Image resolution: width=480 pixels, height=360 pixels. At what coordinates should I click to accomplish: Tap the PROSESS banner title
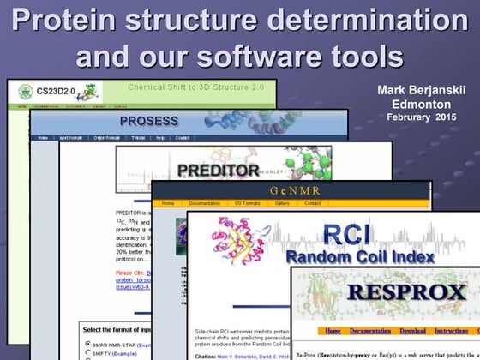click(149, 121)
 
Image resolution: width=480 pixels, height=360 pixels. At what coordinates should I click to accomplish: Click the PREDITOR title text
click(218, 171)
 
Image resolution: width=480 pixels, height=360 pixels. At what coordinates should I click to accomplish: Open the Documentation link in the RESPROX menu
click(370, 331)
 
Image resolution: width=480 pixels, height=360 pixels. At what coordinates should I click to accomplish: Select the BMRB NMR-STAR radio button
click(88, 344)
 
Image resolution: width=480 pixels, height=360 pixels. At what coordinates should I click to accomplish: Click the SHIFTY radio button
click(88, 354)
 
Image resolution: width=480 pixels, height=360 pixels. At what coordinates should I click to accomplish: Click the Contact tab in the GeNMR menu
click(313, 203)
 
